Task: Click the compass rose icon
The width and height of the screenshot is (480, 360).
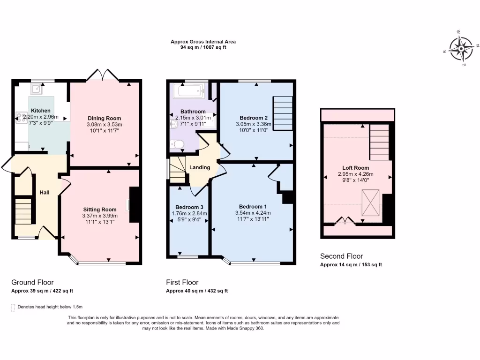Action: pos(461,48)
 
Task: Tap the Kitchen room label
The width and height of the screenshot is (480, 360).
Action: pos(40,111)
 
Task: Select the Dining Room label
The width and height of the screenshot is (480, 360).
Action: pos(104,118)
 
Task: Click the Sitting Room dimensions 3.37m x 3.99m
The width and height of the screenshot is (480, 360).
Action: pos(100,216)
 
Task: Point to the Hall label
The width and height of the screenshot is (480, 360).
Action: pos(44,192)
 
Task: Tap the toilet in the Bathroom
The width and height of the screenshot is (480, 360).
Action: pos(178,144)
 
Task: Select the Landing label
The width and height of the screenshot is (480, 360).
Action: pos(200,167)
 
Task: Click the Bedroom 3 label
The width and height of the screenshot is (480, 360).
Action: pos(189,207)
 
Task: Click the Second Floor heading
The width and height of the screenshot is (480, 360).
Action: pos(341,256)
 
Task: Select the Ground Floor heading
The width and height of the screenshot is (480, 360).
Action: pos(32,282)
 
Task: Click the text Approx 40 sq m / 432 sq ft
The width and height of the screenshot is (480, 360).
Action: pos(197,291)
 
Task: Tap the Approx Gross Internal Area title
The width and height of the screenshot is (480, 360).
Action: pos(203,42)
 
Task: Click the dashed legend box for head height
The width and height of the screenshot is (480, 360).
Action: pos(13,307)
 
